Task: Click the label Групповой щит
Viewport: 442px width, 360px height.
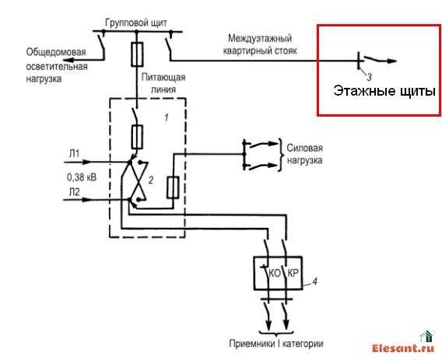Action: point(136,23)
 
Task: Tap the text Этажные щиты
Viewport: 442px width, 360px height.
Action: point(384,91)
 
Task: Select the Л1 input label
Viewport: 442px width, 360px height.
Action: point(74,153)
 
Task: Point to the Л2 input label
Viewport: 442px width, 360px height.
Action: point(75,192)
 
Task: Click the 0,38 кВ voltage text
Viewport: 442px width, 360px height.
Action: point(82,177)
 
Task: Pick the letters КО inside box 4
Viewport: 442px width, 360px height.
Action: point(274,273)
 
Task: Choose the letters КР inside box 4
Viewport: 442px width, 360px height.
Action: point(293,273)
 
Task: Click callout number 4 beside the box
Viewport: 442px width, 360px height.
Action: point(315,281)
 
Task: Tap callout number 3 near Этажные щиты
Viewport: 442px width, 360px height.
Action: point(369,77)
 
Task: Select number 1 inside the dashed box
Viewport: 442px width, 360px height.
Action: point(167,117)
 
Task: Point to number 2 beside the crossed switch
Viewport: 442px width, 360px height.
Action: point(151,180)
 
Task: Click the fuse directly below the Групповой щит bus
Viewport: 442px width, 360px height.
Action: point(137,54)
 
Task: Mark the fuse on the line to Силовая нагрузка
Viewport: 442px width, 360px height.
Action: point(173,187)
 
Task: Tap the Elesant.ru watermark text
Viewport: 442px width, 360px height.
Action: point(403,348)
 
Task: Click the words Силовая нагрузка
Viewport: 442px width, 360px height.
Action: point(304,154)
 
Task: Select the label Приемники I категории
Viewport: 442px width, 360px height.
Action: point(276,344)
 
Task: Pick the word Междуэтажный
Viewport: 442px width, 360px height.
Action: point(260,39)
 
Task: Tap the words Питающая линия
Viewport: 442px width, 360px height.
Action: point(163,83)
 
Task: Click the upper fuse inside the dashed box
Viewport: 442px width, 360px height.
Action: point(137,137)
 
